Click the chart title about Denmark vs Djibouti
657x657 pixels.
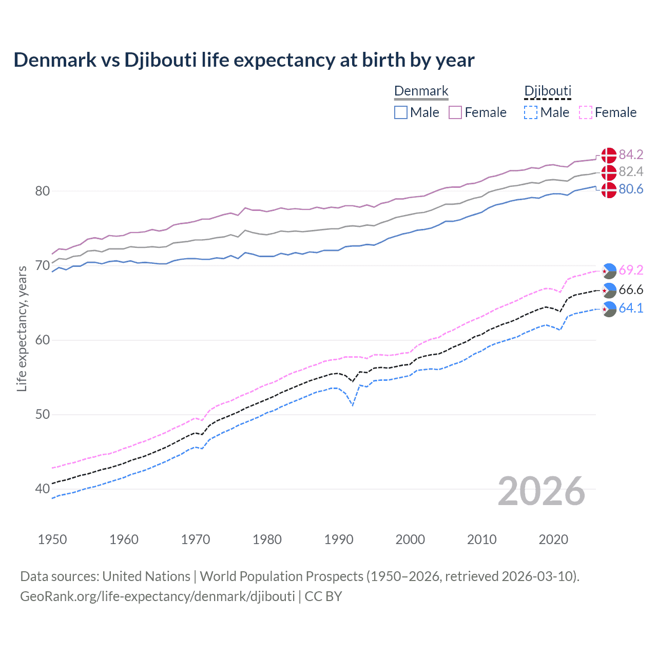point(244,60)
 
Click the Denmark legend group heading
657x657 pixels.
point(421,91)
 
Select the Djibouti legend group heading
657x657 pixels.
point(548,91)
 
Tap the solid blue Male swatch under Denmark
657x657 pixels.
point(401,112)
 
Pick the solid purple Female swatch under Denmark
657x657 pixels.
point(455,112)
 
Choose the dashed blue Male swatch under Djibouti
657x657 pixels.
point(531,112)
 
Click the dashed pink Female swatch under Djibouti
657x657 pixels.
point(585,112)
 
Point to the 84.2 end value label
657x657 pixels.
point(631,154)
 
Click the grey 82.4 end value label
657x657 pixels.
point(631,171)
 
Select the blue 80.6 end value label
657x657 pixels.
point(631,189)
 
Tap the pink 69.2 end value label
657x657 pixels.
point(631,270)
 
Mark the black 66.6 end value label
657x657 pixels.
point(631,290)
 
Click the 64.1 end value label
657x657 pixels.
point(631,308)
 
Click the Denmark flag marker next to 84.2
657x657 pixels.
point(609,156)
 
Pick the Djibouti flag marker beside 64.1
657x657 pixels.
point(609,310)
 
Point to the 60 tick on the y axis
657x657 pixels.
point(43,340)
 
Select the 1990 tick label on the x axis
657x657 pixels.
point(339,539)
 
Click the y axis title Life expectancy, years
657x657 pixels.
point(22,328)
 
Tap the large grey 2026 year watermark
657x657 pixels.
point(541,491)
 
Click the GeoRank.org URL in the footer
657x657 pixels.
point(157,596)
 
